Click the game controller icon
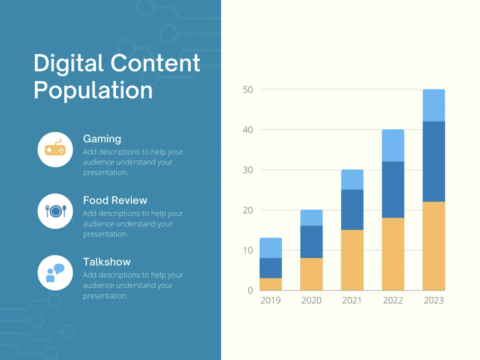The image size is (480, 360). point(55,150)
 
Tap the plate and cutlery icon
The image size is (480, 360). point(55,211)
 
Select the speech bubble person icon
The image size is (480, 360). point(55,273)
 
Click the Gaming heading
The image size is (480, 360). point(102,139)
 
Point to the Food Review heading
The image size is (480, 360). point(115,200)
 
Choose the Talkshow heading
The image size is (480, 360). point(107,262)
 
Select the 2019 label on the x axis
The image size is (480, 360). point(270,300)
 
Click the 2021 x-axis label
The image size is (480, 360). point(352,300)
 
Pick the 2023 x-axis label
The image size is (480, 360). point(434,300)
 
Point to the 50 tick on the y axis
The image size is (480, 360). point(247,90)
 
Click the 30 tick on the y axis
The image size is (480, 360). point(247,170)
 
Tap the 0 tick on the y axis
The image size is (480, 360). point(250,291)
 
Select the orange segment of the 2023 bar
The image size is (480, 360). point(434,246)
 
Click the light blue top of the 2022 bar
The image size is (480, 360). point(393,145)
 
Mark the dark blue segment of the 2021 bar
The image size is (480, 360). point(352,210)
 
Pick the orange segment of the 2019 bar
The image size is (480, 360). point(270,284)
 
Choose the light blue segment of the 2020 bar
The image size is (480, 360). point(311,217)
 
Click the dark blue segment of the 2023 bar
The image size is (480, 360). point(434,162)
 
